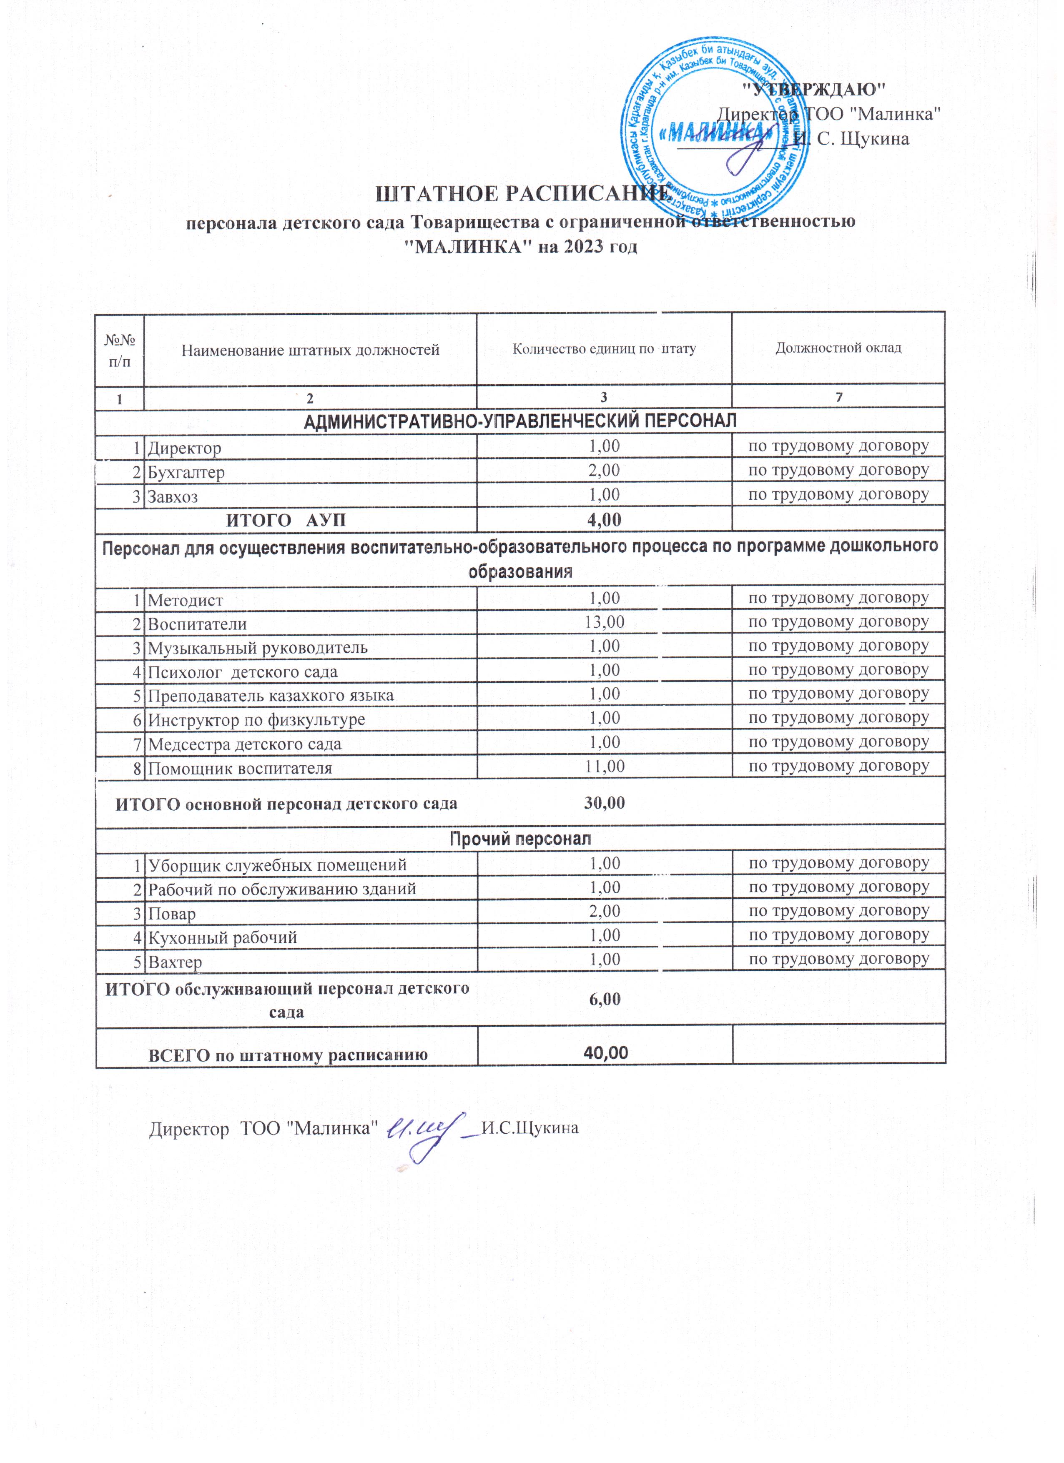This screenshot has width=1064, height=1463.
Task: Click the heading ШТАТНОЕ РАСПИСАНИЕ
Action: point(523,193)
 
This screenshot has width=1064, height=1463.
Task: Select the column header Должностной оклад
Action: point(838,348)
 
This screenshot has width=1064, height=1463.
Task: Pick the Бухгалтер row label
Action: point(186,472)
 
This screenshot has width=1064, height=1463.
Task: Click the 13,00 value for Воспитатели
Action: point(604,622)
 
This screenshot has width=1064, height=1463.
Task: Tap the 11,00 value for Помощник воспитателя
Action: point(604,767)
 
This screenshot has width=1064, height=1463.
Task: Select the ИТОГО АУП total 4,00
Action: point(604,520)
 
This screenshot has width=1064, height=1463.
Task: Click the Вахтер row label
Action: point(175,962)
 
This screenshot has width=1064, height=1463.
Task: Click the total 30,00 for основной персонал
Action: point(604,803)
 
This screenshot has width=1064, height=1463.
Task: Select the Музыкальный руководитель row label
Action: point(257,648)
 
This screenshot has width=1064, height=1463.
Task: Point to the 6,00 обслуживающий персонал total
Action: point(604,999)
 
